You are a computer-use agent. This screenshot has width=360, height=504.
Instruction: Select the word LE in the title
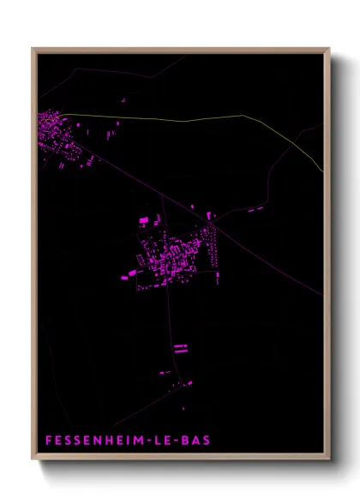click(x=163, y=441)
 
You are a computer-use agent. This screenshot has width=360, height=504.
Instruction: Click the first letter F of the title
click(x=48, y=441)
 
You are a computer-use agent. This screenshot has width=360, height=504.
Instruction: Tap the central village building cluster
click(x=176, y=253)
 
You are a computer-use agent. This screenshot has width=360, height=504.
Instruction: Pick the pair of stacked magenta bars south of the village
click(x=180, y=348)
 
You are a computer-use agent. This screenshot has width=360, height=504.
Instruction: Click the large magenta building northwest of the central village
click(x=144, y=221)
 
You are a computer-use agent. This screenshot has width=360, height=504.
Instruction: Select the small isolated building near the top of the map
click(x=123, y=100)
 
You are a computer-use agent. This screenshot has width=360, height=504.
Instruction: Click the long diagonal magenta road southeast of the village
click(x=274, y=261)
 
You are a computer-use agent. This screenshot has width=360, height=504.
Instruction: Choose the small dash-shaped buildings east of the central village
click(x=255, y=208)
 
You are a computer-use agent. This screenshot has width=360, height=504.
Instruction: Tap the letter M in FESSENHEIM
click(x=136, y=441)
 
